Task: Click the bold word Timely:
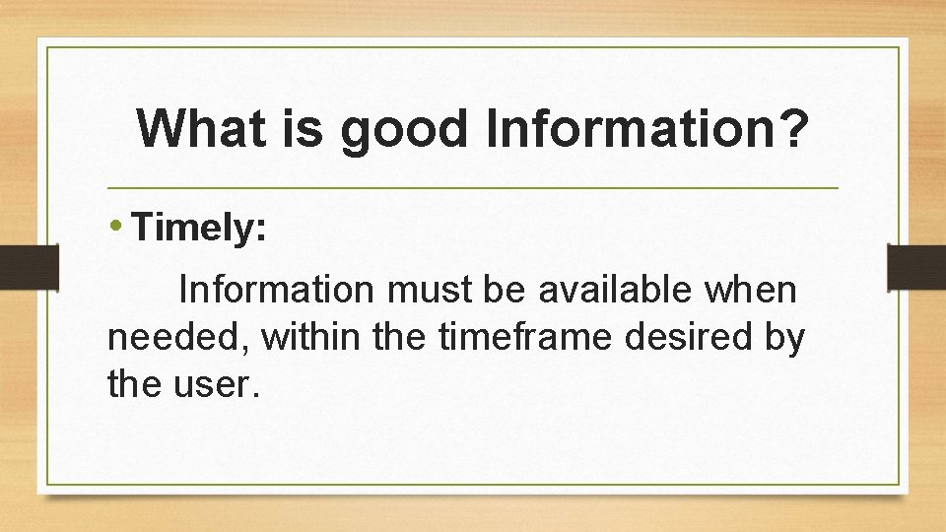198,229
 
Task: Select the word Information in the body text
275,291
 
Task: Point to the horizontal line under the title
473,187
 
